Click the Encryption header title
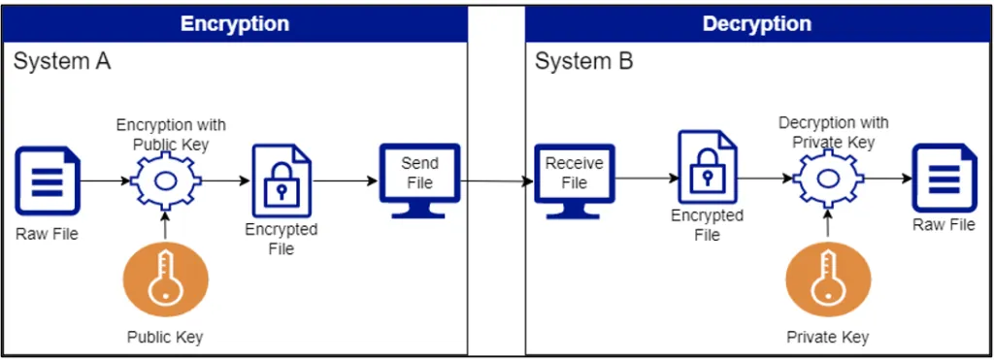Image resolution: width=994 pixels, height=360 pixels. (x=234, y=23)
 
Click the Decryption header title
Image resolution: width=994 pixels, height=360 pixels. (x=756, y=23)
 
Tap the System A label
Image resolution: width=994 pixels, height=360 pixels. (x=62, y=62)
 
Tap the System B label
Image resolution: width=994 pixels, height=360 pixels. (x=583, y=62)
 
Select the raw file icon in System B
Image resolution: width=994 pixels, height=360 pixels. (x=944, y=178)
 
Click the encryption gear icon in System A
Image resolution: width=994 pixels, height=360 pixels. (x=165, y=181)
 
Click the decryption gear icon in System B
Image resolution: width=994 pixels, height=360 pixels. (x=827, y=179)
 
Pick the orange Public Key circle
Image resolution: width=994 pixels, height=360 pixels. (x=165, y=280)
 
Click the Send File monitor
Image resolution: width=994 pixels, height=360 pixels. (x=419, y=180)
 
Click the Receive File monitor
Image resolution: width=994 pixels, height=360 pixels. (x=574, y=180)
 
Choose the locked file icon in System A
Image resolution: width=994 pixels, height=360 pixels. (x=282, y=181)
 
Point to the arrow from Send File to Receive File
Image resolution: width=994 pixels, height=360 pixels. (x=497, y=180)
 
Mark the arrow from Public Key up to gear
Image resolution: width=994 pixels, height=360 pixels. (x=165, y=226)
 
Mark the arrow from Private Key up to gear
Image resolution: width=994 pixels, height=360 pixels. (x=827, y=224)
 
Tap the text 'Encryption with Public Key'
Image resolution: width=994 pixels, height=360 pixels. (x=171, y=135)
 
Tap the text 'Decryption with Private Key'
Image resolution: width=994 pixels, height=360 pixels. (x=833, y=132)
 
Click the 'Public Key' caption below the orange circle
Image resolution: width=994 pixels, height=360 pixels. (x=165, y=338)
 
